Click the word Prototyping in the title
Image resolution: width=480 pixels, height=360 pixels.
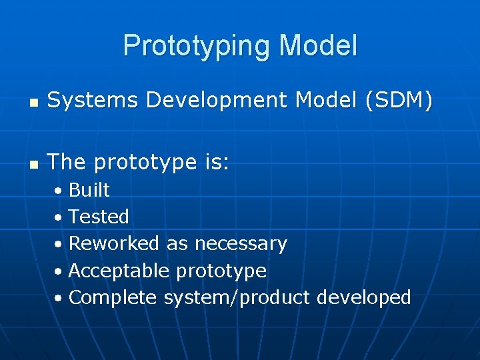pyautogui.click(x=197, y=46)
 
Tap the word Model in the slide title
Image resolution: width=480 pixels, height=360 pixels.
pyautogui.click(x=318, y=46)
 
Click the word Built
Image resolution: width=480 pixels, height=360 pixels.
pyautogui.click(x=89, y=190)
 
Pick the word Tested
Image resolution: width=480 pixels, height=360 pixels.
pyautogui.click(x=99, y=217)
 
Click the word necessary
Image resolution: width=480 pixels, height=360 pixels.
pyautogui.click(x=241, y=244)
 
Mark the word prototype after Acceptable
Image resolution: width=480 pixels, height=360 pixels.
pyautogui.click(x=221, y=271)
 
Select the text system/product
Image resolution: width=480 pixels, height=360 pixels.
pyautogui.click(x=237, y=298)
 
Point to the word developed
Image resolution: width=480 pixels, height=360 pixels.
pyautogui.click(x=363, y=297)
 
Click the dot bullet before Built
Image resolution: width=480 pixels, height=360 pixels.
pyautogui.click(x=59, y=191)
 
